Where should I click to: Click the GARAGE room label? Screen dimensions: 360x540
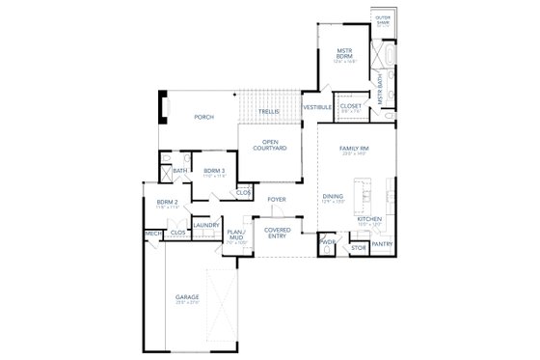click(187, 297)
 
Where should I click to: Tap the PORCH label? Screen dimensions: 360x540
click(204, 117)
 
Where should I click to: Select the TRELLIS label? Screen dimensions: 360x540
click(269, 112)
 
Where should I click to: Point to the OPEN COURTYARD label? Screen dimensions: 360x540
click(269, 146)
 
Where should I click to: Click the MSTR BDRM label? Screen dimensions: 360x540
click(347, 53)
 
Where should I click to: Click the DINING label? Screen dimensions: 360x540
click(334, 196)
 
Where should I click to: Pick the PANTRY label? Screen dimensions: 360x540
click(382, 245)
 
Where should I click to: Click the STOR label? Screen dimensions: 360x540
click(357, 248)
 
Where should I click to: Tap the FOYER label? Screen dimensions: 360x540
click(277, 200)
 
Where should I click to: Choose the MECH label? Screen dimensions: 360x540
click(152, 234)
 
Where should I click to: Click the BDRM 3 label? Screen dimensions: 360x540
click(213, 171)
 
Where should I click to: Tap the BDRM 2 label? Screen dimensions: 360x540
click(168, 203)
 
